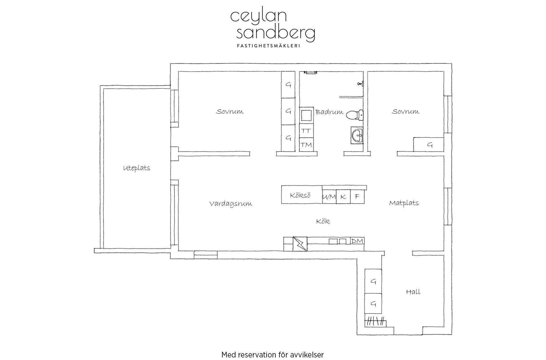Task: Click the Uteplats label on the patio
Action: click(136, 168)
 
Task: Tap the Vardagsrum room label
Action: click(231, 204)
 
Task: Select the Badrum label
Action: click(329, 112)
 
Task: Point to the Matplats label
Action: click(404, 203)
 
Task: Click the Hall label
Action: click(413, 292)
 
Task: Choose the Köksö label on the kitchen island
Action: click(300, 195)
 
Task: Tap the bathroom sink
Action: click(357, 134)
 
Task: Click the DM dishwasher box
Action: click(357, 241)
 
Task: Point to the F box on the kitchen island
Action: click(357, 197)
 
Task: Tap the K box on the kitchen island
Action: click(343, 197)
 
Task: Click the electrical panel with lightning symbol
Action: click(300, 244)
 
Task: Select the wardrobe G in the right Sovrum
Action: click(429, 145)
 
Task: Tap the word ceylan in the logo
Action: click(258, 16)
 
